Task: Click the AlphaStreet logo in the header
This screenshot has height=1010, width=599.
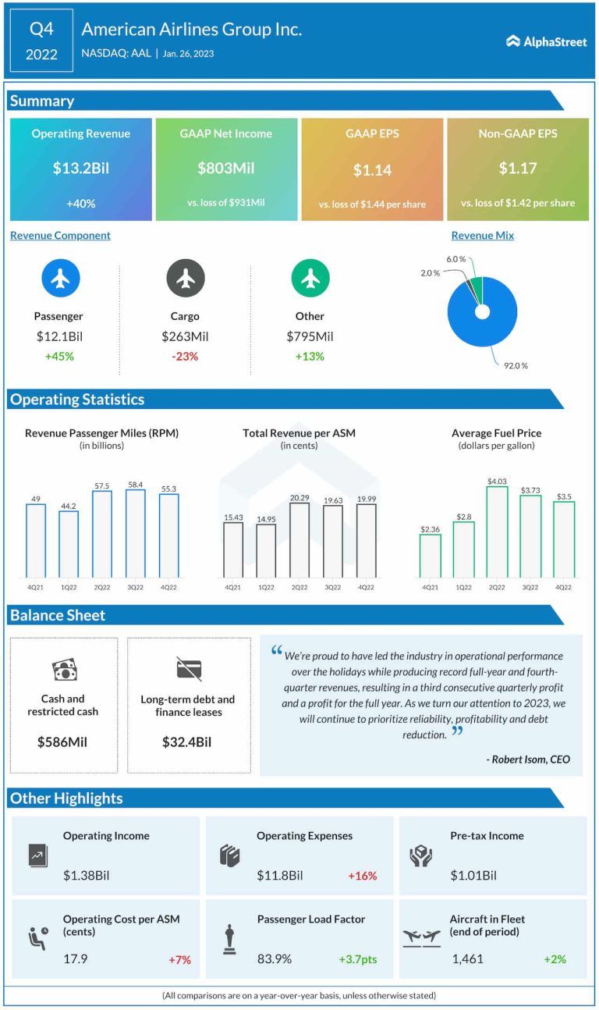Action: [x=546, y=41]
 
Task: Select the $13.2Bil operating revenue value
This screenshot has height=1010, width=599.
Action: [x=81, y=168]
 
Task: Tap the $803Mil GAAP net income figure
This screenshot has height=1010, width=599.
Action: [x=226, y=168]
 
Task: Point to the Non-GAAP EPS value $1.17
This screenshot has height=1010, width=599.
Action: [x=518, y=169]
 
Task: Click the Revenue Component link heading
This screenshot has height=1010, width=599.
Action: [x=60, y=235]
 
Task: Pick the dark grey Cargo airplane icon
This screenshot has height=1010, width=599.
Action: [x=186, y=278]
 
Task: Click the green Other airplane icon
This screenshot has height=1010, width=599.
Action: [x=310, y=278]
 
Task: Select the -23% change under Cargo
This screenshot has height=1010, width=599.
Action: [x=185, y=357]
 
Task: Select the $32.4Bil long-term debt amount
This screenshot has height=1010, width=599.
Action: [x=189, y=741]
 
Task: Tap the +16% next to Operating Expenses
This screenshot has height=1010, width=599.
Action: [x=362, y=876]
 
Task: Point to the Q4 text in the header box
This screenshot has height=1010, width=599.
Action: [x=41, y=30]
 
